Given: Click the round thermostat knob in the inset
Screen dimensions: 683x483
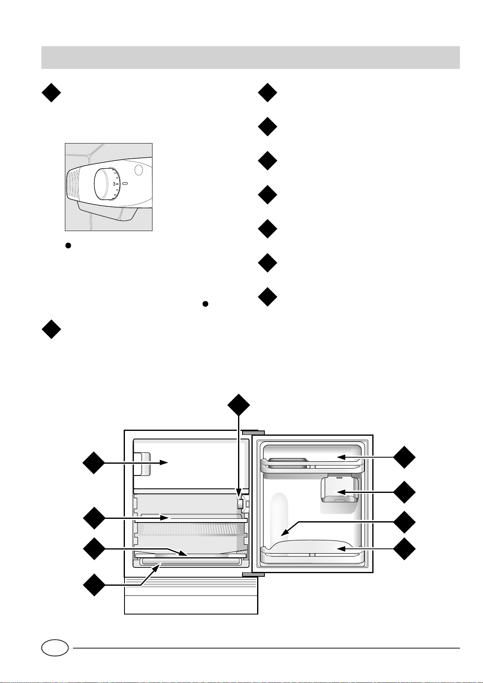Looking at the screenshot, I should pyautogui.click(x=106, y=184).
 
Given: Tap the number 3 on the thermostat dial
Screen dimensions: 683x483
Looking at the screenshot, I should pyautogui.click(x=114, y=184).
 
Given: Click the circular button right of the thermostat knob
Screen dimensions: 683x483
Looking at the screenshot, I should pyautogui.click(x=139, y=170).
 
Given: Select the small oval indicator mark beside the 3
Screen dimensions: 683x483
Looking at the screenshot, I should pyautogui.click(x=125, y=184).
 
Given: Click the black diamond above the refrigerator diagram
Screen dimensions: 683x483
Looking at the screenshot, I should pyautogui.click(x=238, y=404).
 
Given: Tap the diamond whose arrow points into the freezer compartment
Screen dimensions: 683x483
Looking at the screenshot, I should pyautogui.click(x=94, y=462).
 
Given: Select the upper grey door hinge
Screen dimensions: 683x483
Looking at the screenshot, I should pyautogui.click(x=253, y=432).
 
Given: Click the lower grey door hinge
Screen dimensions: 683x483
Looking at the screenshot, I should pyautogui.click(x=253, y=574).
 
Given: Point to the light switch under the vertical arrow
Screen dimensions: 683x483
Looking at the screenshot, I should pyautogui.click(x=240, y=504).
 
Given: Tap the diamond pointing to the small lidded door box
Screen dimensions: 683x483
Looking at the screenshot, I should pyautogui.click(x=404, y=492).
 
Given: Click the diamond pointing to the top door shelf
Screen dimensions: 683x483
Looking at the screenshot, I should pyautogui.click(x=404, y=457).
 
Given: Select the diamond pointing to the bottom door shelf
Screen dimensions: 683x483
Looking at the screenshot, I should pyautogui.click(x=404, y=549).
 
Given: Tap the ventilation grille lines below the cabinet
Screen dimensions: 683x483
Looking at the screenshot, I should pyautogui.click(x=191, y=586).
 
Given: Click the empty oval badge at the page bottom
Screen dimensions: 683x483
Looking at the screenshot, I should pyautogui.click(x=55, y=648).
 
